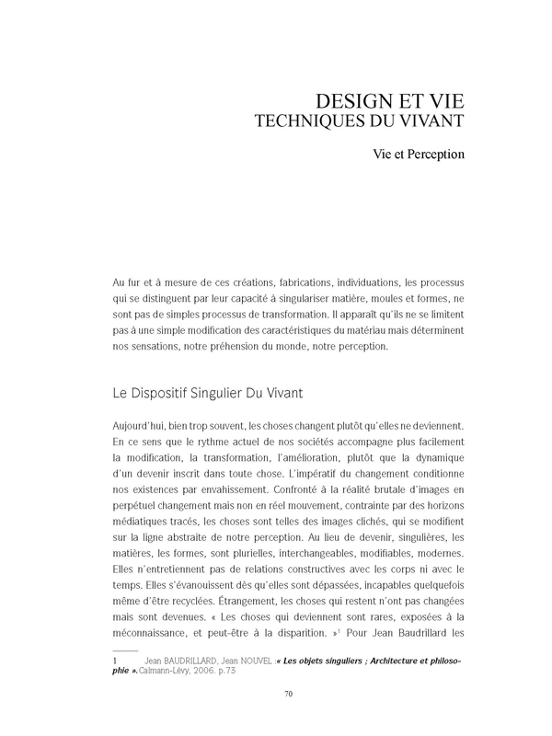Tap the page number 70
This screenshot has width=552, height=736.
[x=288, y=719]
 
